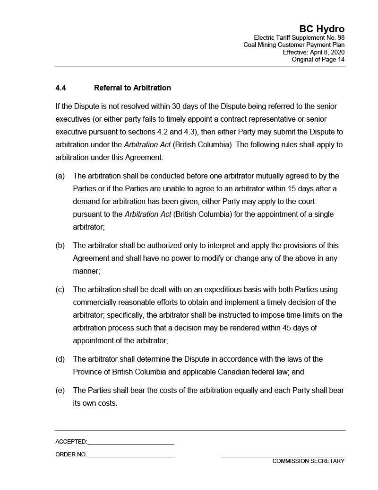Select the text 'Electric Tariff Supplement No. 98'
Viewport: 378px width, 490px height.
(299, 37)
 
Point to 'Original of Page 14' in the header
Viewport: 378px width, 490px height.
(318, 59)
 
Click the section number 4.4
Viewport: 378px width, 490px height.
(60, 88)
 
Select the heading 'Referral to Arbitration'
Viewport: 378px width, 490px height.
(132, 88)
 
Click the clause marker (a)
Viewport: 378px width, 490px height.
(60, 176)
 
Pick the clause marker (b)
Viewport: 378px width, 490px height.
(60, 246)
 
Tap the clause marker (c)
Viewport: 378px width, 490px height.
(60, 290)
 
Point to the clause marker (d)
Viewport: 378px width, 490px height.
(60, 359)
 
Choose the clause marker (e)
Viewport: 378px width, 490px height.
(60, 391)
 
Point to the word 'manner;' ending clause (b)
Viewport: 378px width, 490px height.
(86, 271)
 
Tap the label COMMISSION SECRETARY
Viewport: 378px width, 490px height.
(308, 461)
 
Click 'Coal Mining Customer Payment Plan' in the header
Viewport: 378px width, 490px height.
(294, 45)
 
